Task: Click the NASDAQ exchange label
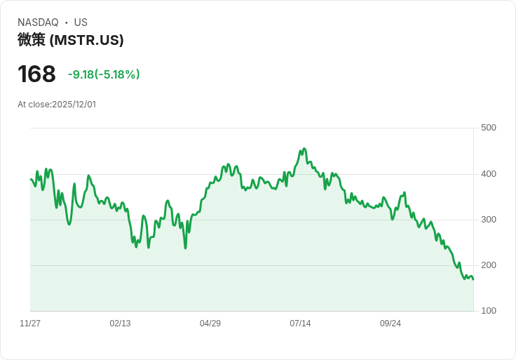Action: (x=38, y=22)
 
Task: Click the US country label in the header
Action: (x=81, y=22)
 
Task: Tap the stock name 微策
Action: (x=32, y=40)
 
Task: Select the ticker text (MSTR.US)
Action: (x=87, y=40)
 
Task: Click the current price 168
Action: (x=36, y=74)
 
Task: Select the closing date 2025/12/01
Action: (x=74, y=105)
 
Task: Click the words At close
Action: (x=34, y=105)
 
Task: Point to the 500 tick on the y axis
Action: (x=489, y=128)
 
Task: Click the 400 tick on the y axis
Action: (x=489, y=174)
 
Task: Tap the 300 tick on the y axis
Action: (x=489, y=220)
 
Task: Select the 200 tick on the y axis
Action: (x=489, y=265)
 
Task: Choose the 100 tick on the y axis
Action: (x=489, y=311)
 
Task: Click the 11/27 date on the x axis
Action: (x=30, y=324)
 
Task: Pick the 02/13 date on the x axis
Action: (x=120, y=324)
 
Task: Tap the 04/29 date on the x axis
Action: (x=210, y=324)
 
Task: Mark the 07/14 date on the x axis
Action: (x=300, y=324)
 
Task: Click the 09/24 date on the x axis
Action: (x=391, y=324)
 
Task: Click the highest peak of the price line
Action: (x=304, y=149)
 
